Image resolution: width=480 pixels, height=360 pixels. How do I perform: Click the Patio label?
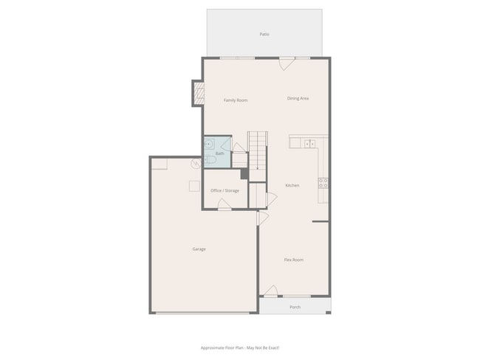click(264, 34)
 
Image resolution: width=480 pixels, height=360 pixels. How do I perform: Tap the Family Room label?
click(236, 100)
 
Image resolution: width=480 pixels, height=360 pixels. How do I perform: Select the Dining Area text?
click(298, 98)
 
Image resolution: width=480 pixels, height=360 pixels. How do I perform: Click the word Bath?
click(219, 153)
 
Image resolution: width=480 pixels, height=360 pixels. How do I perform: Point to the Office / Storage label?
click(224, 190)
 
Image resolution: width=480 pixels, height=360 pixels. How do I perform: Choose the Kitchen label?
click(292, 185)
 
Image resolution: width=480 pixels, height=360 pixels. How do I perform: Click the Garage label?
click(199, 249)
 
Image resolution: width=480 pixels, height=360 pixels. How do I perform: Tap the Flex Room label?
click(294, 260)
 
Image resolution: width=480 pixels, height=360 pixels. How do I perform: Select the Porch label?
click(295, 307)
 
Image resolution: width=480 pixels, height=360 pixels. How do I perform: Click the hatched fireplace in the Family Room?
click(198, 93)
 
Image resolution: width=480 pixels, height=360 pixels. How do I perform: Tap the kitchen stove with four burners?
click(323, 182)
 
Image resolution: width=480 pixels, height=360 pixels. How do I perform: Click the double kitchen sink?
click(311, 143)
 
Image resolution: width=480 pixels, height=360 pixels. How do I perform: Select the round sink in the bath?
click(210, 144)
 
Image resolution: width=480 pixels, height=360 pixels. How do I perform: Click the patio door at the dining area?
click(284, 63)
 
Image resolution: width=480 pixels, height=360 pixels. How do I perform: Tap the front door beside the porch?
click(270, 291)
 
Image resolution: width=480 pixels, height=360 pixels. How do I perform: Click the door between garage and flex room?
click(261, 219)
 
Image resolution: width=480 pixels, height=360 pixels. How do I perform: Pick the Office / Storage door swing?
click(224, 204)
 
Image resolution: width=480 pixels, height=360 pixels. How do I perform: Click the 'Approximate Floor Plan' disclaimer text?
click(240, 347)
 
